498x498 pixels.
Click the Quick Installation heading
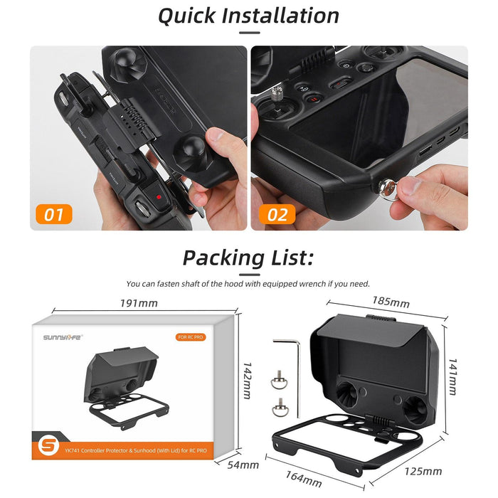(x=248, y=15)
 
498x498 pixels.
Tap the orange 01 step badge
(x=54, y=213)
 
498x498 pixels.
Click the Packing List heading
(x=248, y=257)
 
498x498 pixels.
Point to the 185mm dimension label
(x=391, y=303)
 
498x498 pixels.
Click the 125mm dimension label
(x=423, y=470)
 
